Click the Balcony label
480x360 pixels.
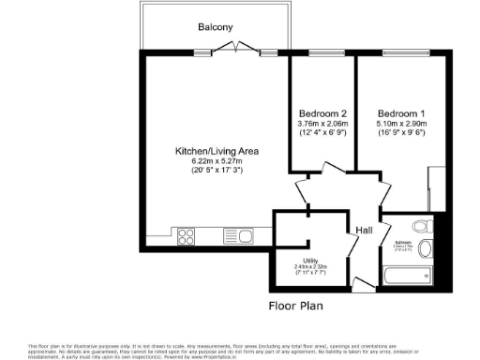coord(215,27)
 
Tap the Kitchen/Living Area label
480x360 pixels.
coord(217,151)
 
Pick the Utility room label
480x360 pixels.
coord(310,260)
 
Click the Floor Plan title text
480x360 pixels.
coord(295,306)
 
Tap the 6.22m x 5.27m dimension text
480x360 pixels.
coord(217,161)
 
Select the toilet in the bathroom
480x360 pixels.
coord(426,248)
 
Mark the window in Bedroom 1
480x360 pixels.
coord(400,52)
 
